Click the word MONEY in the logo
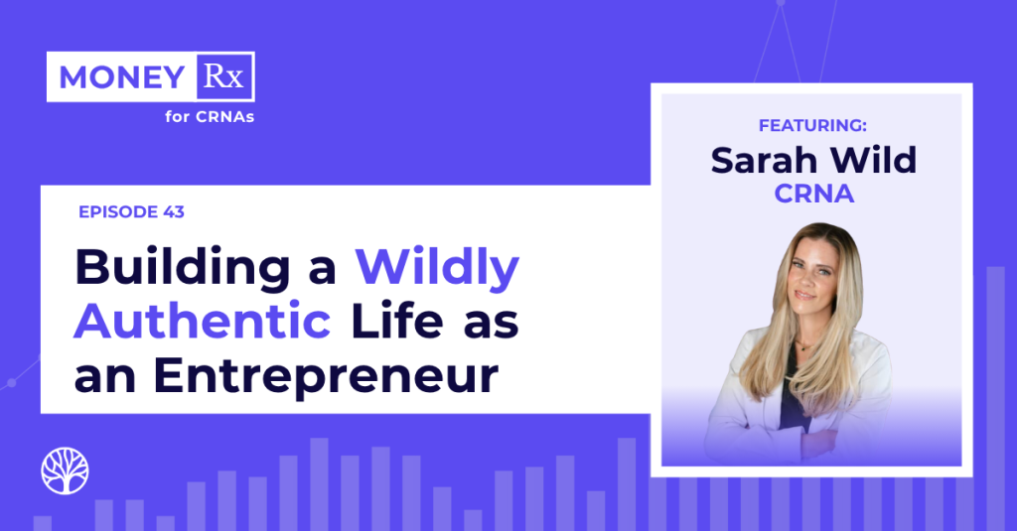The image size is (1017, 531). [x=122, y=77]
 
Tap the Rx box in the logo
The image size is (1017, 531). [x=223, y=76]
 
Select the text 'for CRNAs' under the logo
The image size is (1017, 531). [x=210, y=117]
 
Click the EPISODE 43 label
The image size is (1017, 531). [x=132, y=212]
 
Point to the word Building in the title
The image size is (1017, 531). [x=183, y=267]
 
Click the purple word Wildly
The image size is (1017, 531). [x=437, y=267]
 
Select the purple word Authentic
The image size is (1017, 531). [x=203, y=321]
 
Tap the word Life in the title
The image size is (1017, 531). [x=397, y=321]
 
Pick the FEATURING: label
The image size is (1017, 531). [x=812, y=125]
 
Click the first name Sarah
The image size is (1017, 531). [x=763, y=160]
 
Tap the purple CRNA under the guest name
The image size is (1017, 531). [x=814, y=194]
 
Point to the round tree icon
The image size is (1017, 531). [x=65, y=470]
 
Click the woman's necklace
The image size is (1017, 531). [x=806, y=345]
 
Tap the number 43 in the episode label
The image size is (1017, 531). [x=174, y=212]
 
